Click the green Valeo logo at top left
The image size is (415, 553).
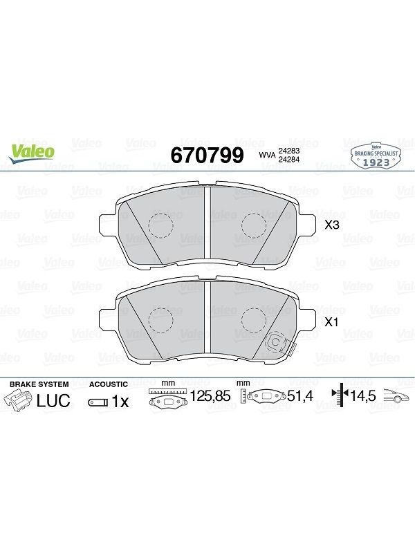(32, 153)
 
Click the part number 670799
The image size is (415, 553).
(207, 155)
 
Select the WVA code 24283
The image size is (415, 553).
(289, 151)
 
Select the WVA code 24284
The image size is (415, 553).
(289, 159)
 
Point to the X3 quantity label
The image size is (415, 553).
(332, 225)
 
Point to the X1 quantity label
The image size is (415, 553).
(332, 322)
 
